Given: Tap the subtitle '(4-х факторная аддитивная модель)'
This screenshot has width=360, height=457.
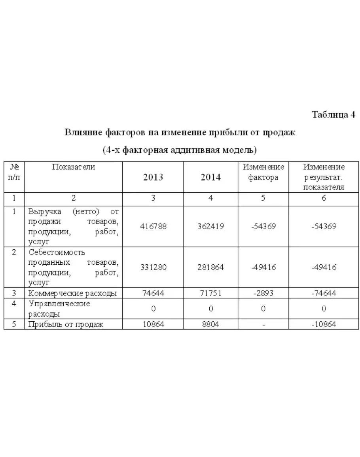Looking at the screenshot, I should pyautogui.click(x=180, y=150).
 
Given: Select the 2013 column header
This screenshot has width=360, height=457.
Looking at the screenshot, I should pyautogui.click(x=153, y=177).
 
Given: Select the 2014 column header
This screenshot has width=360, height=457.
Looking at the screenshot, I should pyautogui.click(x=210, y=177).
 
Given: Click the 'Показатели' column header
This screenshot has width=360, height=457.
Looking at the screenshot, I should pyautogui.click(x=74, y=167).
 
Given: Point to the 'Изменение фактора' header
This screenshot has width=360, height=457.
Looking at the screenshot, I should pyautogui.click(x=263, y=172).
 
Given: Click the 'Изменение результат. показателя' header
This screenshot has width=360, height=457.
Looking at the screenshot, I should pyautogui.click(x=324, y=177).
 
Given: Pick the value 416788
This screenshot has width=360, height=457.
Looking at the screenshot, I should pyautogui.click(x=153, y=227).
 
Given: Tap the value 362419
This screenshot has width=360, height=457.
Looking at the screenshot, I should pyautogui.click(x=210, y=227).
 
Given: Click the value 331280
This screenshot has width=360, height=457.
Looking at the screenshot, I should pyautogui.click(x=153, y=267).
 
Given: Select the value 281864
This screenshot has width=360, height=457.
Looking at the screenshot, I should pyautogui.click(x=210, y=267).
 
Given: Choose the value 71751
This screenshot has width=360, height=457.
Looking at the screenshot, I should pyautogui.click(x=210, y=293).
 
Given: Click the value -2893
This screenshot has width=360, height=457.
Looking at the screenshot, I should pyautogui.click(x=263, y=293).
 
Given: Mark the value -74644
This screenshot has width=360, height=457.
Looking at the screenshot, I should pyautogui.click(x=324, y=293).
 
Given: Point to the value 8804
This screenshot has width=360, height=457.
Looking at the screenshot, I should pyautogui.click(x=210, y=324).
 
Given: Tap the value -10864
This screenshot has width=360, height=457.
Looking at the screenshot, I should pyautogui.click(x=324, y=324).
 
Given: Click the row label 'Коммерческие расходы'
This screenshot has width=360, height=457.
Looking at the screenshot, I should pyautogui.click(x=72, y=293).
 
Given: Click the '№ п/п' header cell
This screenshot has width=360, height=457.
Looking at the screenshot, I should pyautogui.click(x=14, y=172).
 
